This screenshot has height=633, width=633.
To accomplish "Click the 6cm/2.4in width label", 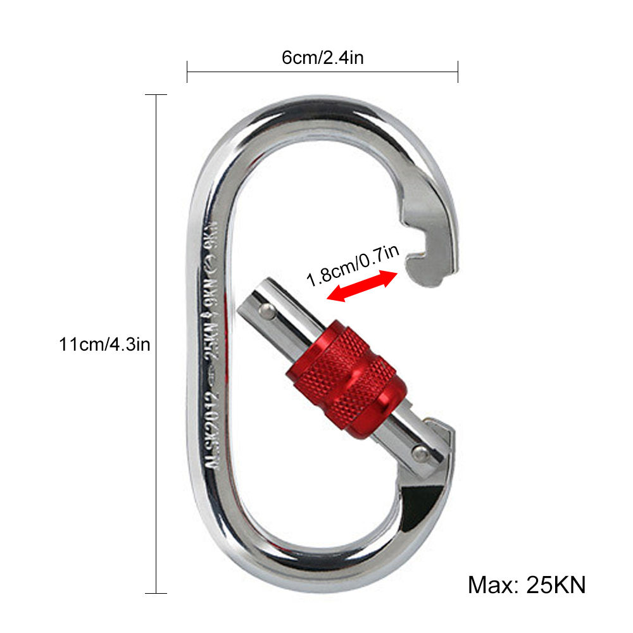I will [x=322, y=58].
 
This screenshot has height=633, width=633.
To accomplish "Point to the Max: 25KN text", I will [x=527, y=584].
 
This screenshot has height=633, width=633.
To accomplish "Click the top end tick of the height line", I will [x=156, y=95].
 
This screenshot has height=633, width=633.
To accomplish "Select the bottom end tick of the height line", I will [x=156, y=593].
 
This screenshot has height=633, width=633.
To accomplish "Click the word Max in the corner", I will [x=491, y=584].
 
